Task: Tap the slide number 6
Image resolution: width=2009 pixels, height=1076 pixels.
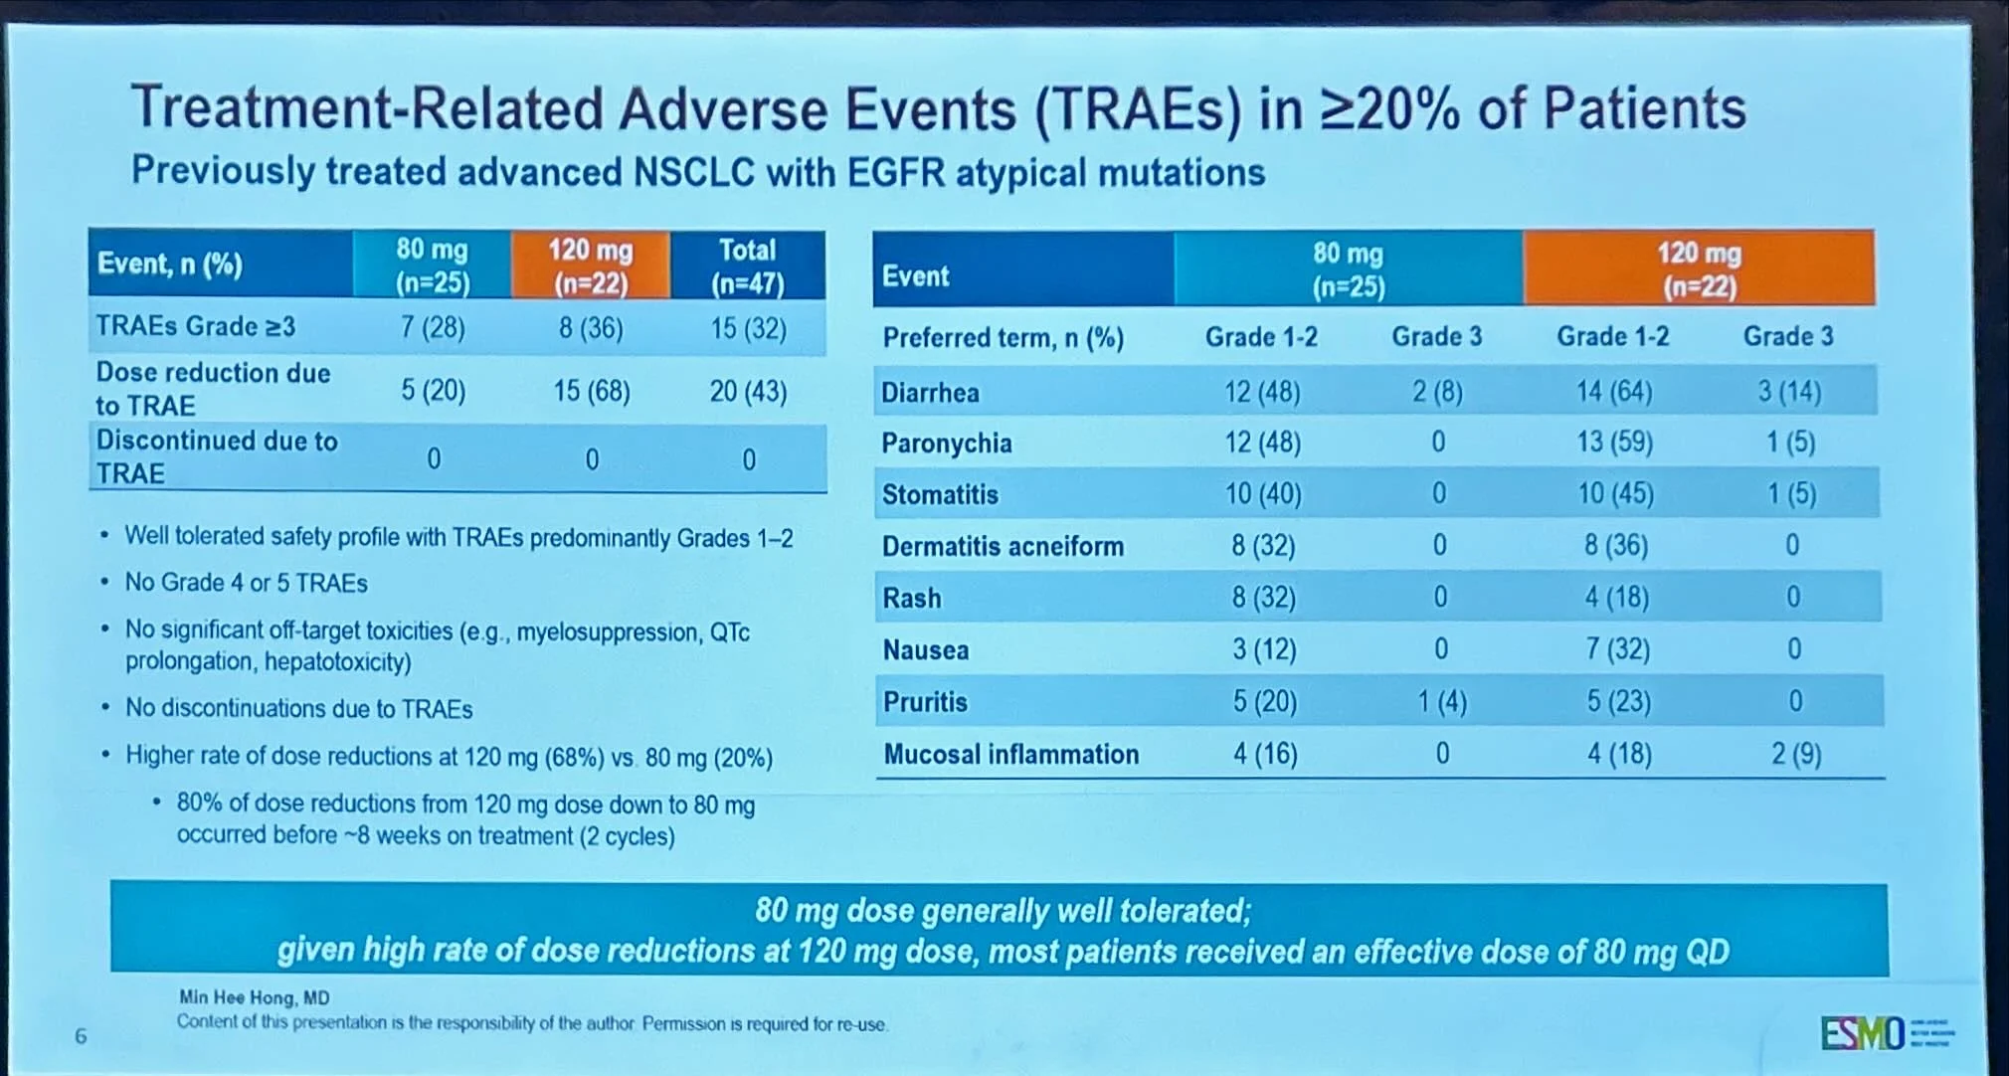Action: tap(81, 1036)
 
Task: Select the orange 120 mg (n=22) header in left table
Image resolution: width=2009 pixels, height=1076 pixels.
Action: tap(591, 266)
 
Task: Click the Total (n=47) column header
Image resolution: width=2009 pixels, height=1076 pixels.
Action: tap(748, 266)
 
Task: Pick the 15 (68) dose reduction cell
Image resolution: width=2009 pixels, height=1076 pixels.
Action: tap(592, 391)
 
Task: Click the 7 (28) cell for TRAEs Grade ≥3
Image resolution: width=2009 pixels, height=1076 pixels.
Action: tap(433, 327)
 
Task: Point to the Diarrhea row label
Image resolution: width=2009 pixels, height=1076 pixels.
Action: tap(930, 393)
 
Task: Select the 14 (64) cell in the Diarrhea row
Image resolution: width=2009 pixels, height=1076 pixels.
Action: tap(1613, 392)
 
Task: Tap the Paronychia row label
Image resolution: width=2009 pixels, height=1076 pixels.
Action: tap(946, 444)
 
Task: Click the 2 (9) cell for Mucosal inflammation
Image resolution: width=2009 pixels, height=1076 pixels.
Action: tap(1795, 754)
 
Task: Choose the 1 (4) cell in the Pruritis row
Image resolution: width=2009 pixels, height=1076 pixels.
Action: tap(1441, 702)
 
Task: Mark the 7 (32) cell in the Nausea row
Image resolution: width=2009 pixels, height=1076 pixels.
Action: tap(1617, 649)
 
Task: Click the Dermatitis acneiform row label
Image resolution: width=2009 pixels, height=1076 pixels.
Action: tap(1003, 546)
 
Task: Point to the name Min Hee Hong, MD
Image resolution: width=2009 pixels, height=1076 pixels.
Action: tap(254, 997)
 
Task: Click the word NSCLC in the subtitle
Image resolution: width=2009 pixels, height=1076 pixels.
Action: tap(695, 172)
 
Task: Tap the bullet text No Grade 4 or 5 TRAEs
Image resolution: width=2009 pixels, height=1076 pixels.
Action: tap(246, 583)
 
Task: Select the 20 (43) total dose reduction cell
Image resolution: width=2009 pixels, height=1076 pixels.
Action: tap(748, 391)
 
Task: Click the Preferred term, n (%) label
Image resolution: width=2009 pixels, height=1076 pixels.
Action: tap(1003, 338)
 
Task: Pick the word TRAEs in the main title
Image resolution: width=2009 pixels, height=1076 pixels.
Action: tap(1138, 109)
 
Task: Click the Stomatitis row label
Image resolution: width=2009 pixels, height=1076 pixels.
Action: tap(940, 494)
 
